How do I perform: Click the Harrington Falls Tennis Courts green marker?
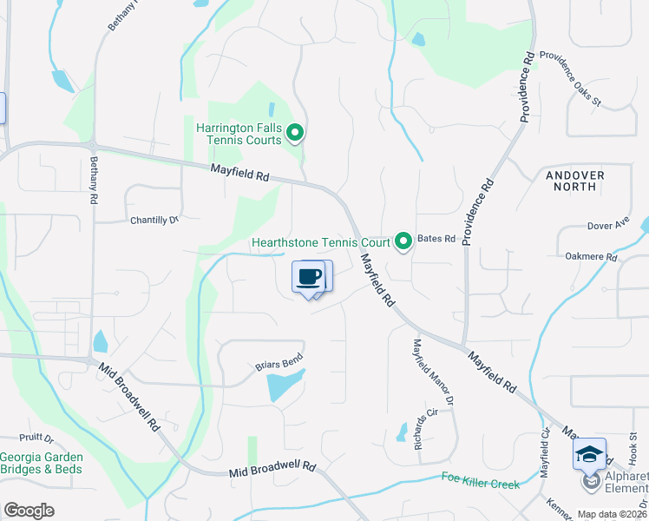[x=295, y=133]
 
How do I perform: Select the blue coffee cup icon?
[x=309, y=277]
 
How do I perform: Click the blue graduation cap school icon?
[x=589, y=453]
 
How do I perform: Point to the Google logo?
[x=29, y=510]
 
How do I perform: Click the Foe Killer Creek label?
[x=480, y=478]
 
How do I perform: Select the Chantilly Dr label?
[x=154, y=221]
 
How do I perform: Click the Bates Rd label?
[x=436, y=238]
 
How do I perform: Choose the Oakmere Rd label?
[x=590, y=257]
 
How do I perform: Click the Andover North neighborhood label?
[x=575, y=181]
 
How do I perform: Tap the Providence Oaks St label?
[x=570, y=76]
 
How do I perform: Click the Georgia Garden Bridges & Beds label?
[x=41, y=463]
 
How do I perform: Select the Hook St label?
[x=633, y=447]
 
